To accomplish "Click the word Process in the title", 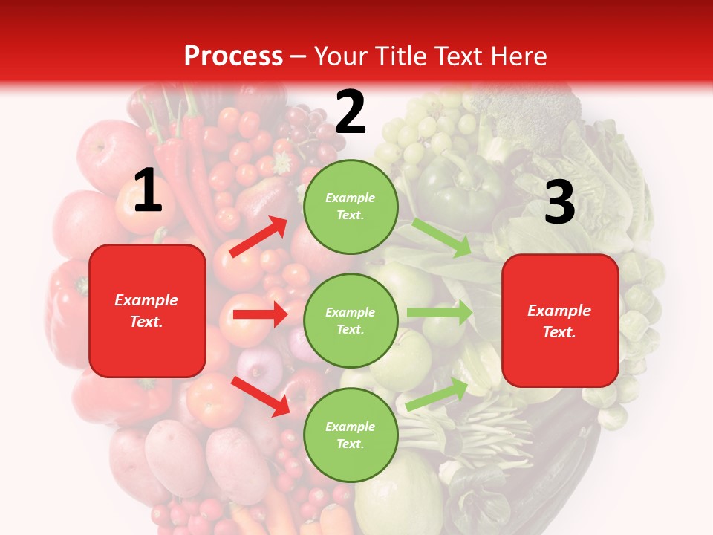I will pos(233,56).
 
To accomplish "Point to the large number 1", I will pos(148,191).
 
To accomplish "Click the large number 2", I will pos(351,111).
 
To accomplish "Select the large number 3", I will pos(559,203).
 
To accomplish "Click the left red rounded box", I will pos(147,311).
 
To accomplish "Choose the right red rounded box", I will pos(560,321).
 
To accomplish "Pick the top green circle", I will pos(350,207).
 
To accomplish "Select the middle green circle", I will pos(350,321).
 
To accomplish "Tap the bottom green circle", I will pos(350,435).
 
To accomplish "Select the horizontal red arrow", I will pos(260,314).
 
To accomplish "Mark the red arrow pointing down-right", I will pos(261,397).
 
